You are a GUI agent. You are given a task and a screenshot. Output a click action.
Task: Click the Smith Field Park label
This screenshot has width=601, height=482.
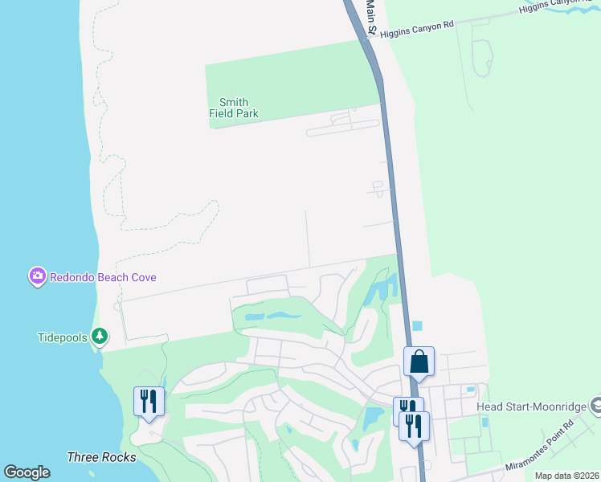(x=234, y=108)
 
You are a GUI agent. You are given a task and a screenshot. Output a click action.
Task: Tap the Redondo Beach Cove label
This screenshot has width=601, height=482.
(x=103, y=277)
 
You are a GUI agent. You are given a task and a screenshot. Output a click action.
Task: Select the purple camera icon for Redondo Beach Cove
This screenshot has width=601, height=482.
(x=37, y=277)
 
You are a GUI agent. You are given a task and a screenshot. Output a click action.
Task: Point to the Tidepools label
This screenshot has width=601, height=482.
(x=62, y=337)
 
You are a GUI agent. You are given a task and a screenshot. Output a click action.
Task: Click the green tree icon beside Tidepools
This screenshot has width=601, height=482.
(x=99, y=336)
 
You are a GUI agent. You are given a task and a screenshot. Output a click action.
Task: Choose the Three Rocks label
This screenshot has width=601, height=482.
(x=101, y=457)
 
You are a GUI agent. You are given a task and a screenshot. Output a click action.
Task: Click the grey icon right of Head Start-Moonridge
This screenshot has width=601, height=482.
(x=595, y=405)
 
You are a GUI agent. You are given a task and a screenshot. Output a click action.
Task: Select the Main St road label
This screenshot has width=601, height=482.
(x=371, y=16)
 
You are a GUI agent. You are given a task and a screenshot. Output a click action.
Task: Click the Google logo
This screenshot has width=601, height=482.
(x=27, y=472)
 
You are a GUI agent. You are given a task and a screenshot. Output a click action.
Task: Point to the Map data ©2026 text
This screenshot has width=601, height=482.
(x=566, y=476)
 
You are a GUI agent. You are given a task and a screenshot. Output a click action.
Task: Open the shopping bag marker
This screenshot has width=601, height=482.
(x=419, y=361)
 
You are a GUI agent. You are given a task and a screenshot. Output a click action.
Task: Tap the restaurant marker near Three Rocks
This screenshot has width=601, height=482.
(x=149, y=401)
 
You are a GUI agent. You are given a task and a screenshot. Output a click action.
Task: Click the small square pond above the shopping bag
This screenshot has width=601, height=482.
(x=416, y=325)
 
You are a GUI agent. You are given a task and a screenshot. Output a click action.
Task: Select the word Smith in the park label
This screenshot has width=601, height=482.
(x=234, y=102)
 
